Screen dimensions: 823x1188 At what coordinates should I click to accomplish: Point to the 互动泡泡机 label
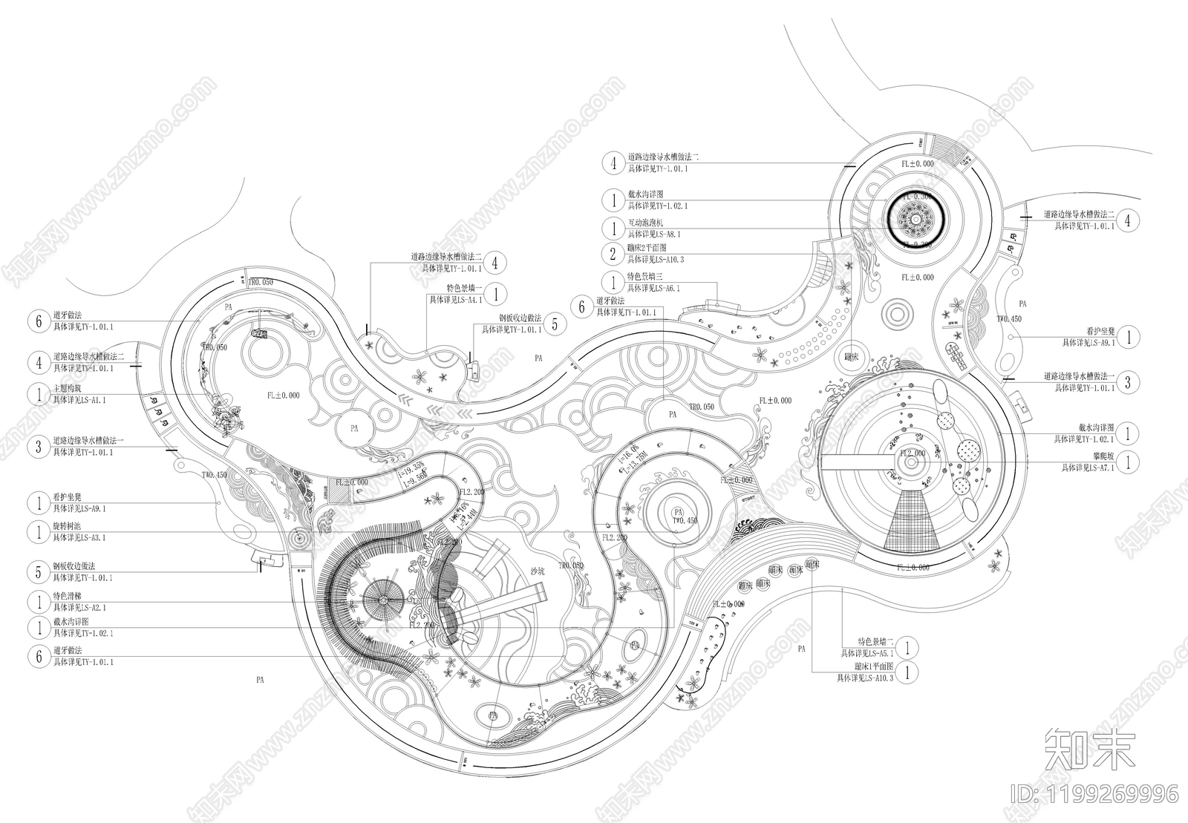[644, 223]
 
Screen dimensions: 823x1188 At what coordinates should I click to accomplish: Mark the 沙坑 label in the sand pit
[538, 571]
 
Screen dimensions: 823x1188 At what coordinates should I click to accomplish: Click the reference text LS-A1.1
[82, 400]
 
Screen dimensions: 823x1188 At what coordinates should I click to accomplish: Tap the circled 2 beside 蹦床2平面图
[613, 255]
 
